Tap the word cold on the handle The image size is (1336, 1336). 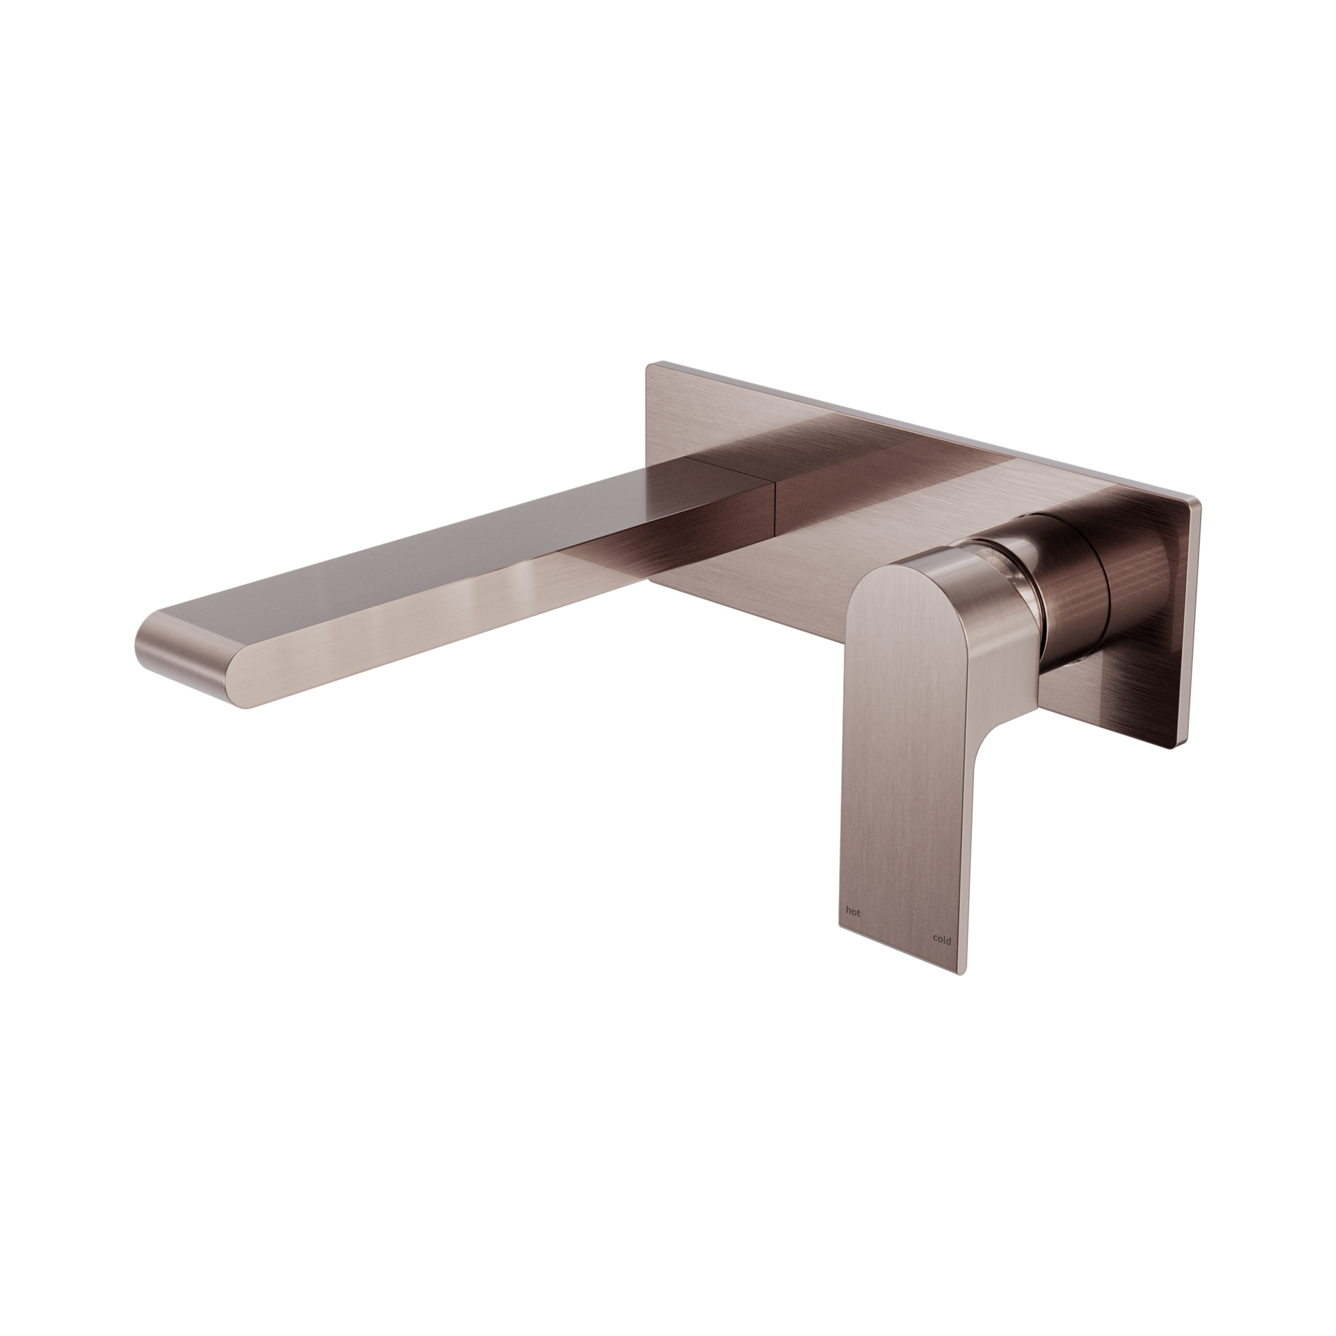(x=941, y=941)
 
